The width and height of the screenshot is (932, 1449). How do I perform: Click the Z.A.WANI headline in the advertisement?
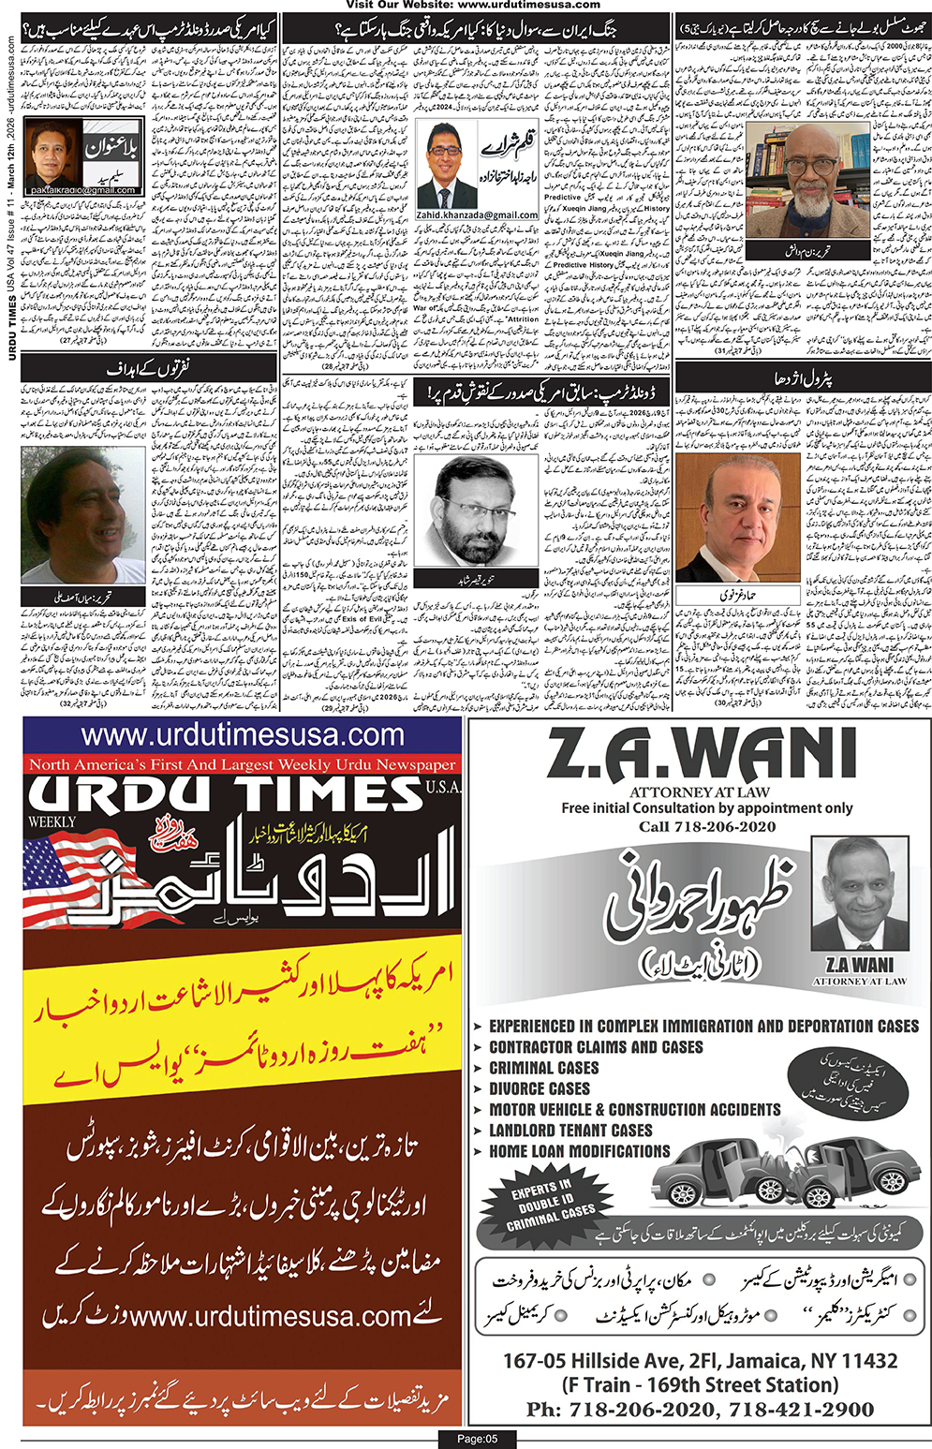coord(700,755)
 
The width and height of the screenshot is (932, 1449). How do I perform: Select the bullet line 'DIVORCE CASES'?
coord(540,1088)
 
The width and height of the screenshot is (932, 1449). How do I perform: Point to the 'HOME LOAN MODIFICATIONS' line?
coord(579,1151)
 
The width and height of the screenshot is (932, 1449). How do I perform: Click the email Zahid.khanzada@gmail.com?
coord(478,214)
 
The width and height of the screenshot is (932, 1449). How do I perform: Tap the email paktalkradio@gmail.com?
coord(82,190)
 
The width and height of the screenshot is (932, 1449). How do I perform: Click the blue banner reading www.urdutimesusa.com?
coord(242,735)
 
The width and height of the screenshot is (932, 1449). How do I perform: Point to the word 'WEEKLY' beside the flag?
coord(52,821)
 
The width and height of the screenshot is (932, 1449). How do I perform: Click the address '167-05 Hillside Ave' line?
coord(700,1360)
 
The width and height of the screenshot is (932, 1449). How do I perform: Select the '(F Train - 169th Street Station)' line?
coord(700,1384)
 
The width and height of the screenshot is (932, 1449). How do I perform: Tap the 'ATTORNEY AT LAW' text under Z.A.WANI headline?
coord(699,792)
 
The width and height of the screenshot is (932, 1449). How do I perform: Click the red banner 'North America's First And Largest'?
coord(242,765)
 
